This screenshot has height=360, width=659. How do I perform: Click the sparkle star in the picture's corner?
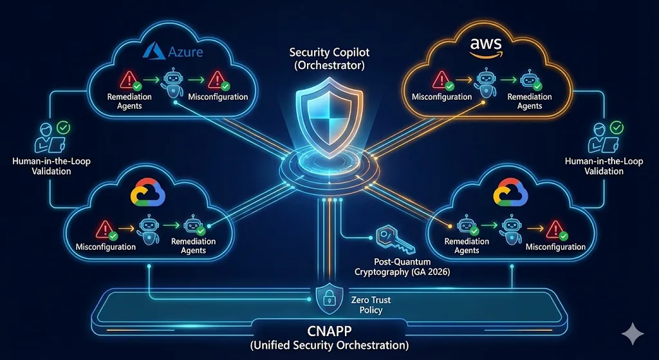(x=632, y=333)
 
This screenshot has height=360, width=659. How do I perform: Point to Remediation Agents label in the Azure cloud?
(x=129, y=101)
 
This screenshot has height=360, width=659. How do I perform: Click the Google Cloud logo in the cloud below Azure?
(x=148, y=191)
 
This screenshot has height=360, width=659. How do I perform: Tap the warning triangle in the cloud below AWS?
(x=554, y=227)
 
